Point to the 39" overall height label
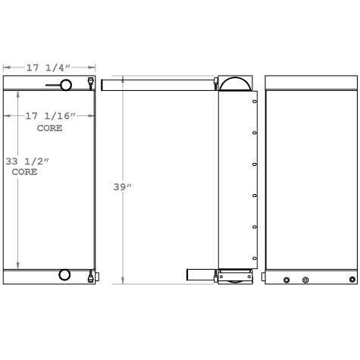click(x=123, y=186)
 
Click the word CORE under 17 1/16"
click(x=50, y=127)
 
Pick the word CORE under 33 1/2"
click(x=24, y=172)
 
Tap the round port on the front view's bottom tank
click(x=64, y=275)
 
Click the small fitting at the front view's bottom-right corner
click(x=92, y=276)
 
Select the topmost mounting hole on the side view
click(x=255, y=102)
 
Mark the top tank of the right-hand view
click(x=311, y=83)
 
